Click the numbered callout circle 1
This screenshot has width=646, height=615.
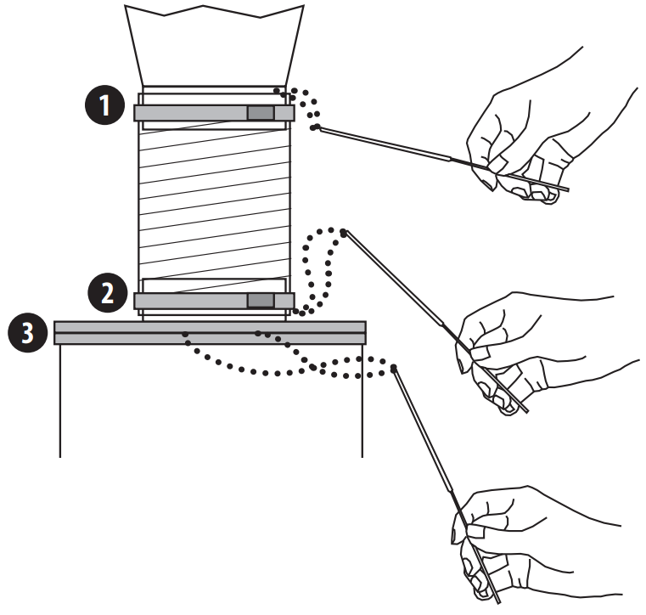point(103,108)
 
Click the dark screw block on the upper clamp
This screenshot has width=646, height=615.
point(261,113)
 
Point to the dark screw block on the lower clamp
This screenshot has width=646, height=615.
point(261,300)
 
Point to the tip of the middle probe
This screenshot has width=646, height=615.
point(344,231)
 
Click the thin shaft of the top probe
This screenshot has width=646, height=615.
point(382,144)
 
